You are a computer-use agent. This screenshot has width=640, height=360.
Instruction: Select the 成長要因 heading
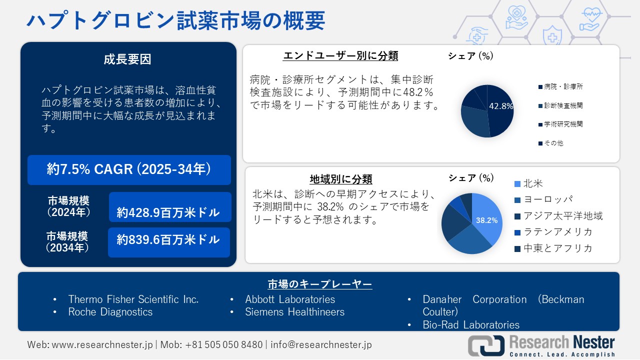coord(127,59)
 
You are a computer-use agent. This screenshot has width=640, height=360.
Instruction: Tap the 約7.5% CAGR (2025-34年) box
coord(129,170)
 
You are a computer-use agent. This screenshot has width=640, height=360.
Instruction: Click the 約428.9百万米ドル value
coord(168,212)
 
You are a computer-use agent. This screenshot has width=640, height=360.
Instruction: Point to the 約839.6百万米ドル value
coord(168,240)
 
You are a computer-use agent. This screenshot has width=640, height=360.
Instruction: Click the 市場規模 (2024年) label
coord(68,206)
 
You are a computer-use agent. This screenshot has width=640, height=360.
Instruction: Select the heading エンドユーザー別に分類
coord(340,55)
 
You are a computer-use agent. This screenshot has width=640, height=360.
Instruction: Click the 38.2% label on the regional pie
coord(486,220)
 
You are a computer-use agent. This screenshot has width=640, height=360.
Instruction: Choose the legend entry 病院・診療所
coord(563,86)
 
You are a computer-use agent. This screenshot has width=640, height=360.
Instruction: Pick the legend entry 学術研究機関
coord(563,124)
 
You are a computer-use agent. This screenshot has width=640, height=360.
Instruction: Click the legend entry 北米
coord(533,183)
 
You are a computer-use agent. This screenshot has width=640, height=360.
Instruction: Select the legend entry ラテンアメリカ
coord(557,231)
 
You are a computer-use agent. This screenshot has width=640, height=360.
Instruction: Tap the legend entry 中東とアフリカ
coord(557,248)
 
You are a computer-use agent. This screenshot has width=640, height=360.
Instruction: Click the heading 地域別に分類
coord(341,179)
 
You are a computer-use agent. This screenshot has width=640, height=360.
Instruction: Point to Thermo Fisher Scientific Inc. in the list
coord(133,299)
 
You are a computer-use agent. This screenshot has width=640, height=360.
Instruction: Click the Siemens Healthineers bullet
coord(294,312)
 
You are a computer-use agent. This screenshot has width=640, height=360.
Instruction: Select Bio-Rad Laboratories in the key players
coord(471,325)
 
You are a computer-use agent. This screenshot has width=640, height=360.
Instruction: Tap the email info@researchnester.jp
coord(321,345)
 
